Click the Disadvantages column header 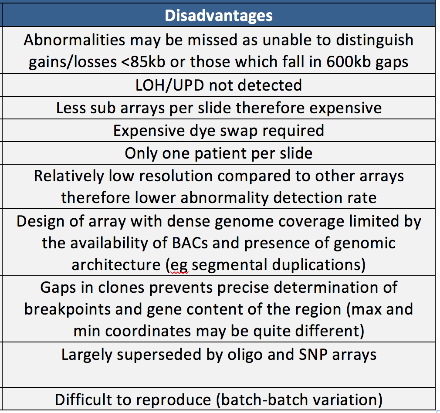[x=218, y=16]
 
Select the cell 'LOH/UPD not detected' [x=218, y=85]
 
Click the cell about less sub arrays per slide [x=218, y=108]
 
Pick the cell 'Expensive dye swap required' [x=218, y=130]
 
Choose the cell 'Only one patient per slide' [x=218, y=153]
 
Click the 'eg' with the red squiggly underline [x=179, y=265]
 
